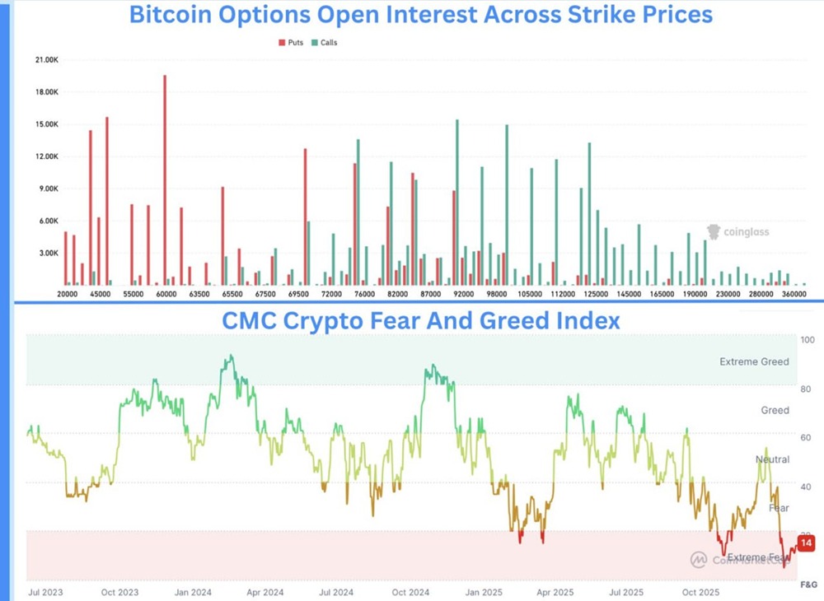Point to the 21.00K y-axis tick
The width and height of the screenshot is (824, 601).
pyautogui.click(x=44, y=60)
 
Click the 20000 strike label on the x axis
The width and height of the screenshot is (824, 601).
pyautogui.click(x=68, y=294)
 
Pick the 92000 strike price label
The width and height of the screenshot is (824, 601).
pyautogui.click(x=464, y=294)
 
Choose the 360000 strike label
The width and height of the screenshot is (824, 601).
pyautogui.click(x=794, y=294)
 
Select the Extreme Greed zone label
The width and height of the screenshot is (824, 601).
pyautogui.click(x=754, y=361)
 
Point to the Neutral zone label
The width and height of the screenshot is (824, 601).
pyautogui.click(x=772, y=459)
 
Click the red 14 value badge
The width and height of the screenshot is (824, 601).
pyautogui.click(x=806, y=543)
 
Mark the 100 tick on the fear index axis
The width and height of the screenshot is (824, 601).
pyautogui.click(x=808, y=340)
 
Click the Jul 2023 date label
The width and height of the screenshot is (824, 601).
pyautogui.click(x=47, y=592)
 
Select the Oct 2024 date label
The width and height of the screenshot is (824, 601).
pyautogui.click(x=410, y=592)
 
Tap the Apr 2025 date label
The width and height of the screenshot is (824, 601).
pyautogui.click(x=555, y=592)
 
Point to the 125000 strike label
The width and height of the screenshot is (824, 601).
pyautogui.click(x=596, y=294)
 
